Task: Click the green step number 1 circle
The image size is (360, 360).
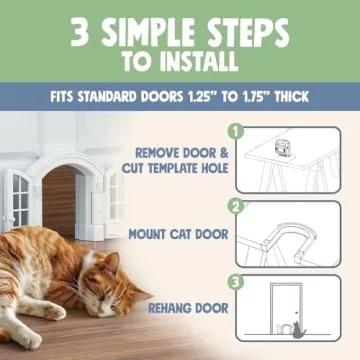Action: coord(236,130)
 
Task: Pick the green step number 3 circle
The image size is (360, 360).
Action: coord(236,281)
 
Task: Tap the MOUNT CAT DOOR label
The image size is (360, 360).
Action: coord(178,235)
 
